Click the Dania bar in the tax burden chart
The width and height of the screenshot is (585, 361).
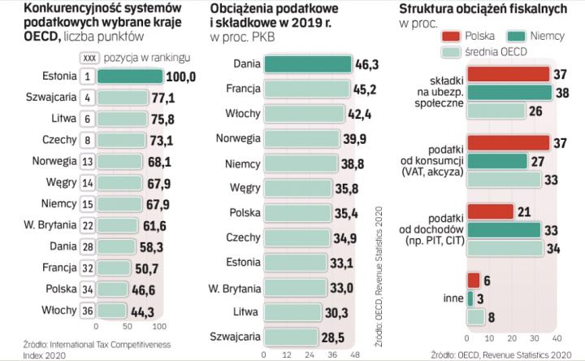coord(308,63)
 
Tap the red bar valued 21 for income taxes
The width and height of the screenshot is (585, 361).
coord(490,212)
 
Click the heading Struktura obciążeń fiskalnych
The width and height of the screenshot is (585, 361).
coord(483,9)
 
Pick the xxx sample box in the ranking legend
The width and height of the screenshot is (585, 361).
coord(89,57)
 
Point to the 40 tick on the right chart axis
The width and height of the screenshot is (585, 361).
coord(557,338)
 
